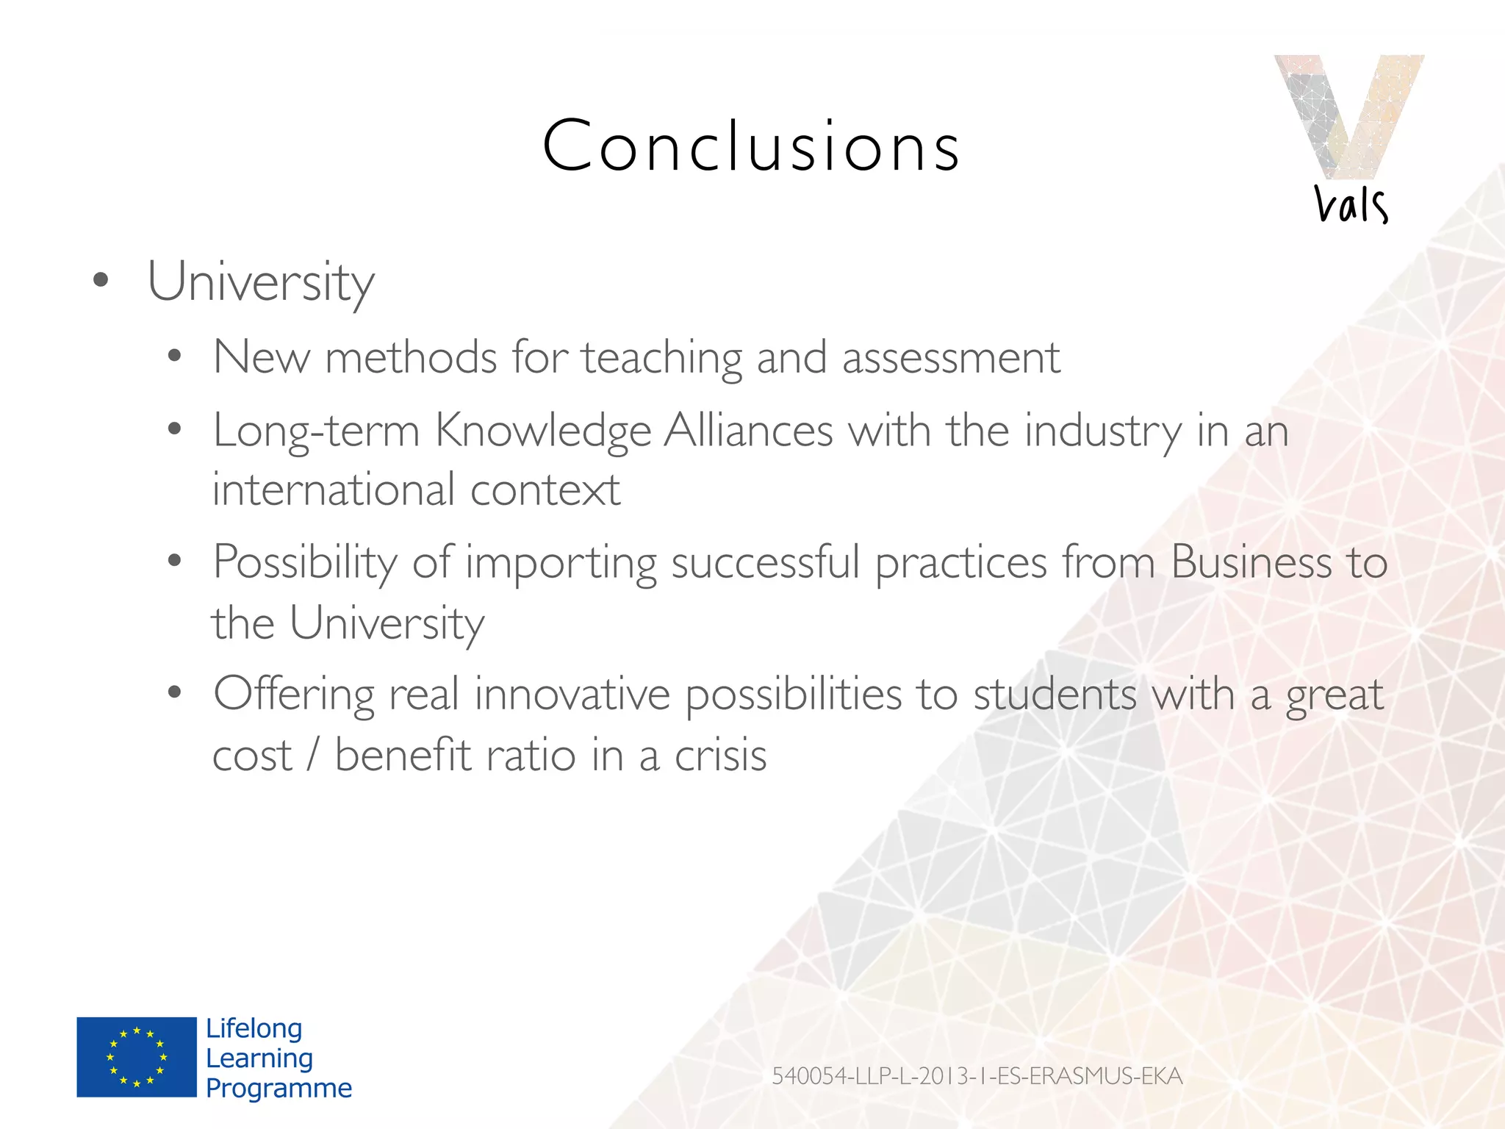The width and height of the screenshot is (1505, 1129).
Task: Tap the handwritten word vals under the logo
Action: [x=1351, y=204]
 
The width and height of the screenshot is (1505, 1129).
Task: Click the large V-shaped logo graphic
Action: [x=1348, y=114]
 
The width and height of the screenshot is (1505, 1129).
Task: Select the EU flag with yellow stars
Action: [x=137, y=1057]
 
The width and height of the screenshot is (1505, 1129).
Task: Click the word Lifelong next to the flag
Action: [x=254, y=1028]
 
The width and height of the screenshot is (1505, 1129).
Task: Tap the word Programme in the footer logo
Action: [x=279, y=1088]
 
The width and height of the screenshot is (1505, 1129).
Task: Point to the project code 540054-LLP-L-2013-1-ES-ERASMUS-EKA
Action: [x=977, y=1076]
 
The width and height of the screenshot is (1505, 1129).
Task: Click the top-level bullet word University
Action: [x=261, y=282]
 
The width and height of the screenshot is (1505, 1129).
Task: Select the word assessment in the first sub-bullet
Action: [x=951, y=358]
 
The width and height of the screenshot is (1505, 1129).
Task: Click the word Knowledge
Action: [x=543, y=431]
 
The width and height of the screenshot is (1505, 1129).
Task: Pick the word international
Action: [x=334, y=490]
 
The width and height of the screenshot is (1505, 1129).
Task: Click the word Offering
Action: [x=294, y=695]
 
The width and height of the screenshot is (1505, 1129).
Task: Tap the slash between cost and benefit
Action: [x=313, y=756]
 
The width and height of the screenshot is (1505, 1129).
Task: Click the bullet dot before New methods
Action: [x=174, y=357]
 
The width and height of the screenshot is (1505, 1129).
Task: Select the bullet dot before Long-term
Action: [x=174, y=429]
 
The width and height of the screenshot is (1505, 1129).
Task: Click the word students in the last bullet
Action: [x=1055, y=695]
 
